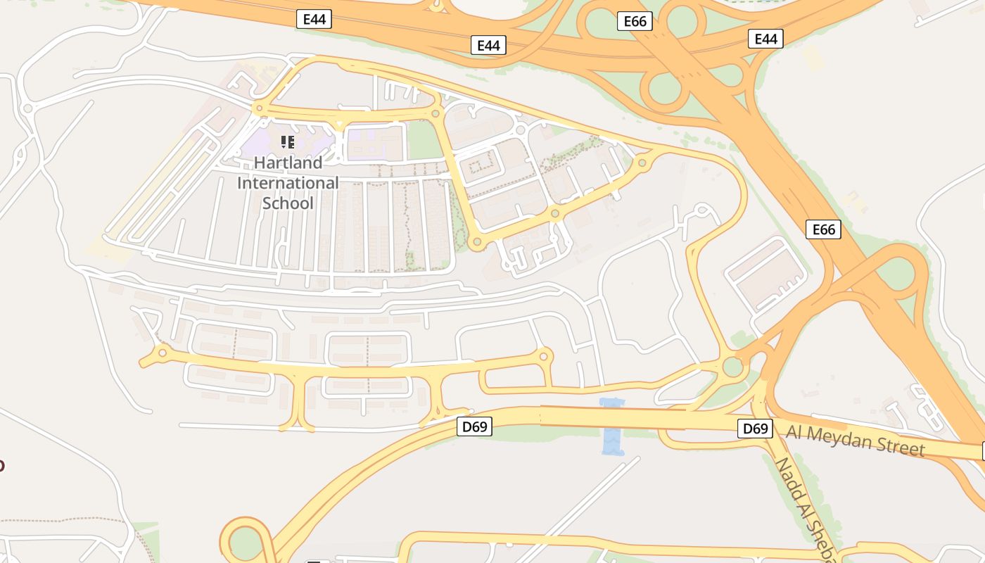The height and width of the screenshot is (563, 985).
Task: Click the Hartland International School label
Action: click(x=287, y=183)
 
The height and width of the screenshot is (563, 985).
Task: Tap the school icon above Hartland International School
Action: click(x=287, y=143)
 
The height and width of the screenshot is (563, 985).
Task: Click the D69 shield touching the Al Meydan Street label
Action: click(x=755, y=429)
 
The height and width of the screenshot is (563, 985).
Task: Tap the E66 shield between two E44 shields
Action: click(x=635, y=21)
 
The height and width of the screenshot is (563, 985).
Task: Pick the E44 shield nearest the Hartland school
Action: click(x=314, y=19)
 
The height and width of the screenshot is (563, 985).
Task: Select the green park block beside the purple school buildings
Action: click(x=425, y=141)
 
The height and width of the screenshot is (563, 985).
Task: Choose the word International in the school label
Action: click(x=287, y=183)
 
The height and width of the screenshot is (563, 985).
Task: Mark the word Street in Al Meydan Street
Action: click(x=900, y=445)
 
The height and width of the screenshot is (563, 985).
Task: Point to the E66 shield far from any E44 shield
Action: click(x=823, y=229)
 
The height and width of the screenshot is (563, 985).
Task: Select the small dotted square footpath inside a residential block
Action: click(x=482, y=165)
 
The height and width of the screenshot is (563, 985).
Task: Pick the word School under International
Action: click(x=287, y=203)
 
